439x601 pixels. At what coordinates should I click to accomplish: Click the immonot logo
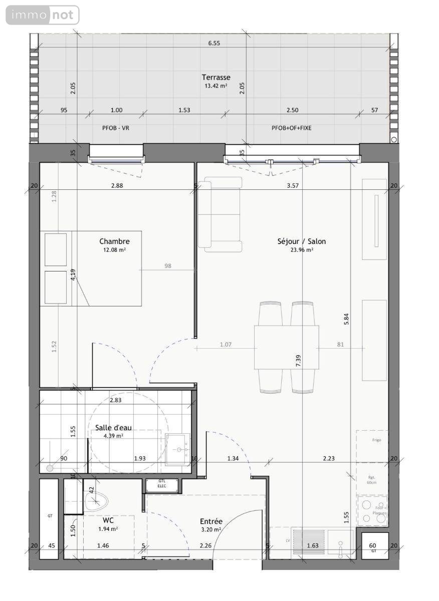tap(43, 15)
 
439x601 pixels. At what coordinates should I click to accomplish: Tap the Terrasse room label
tap(216, 77)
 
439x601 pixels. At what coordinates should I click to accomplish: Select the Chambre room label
tap(114, 241)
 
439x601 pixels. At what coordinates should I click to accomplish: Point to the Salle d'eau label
tap(113, 428)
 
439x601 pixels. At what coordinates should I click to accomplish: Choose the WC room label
tap(108, 520)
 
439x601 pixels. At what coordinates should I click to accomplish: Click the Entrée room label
tap(210, 521)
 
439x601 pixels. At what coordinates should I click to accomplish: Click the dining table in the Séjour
tap(286, 347)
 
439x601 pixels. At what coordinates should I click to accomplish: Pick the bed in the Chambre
tap(91, 268)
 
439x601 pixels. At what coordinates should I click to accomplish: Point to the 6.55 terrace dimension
tap(214, 43)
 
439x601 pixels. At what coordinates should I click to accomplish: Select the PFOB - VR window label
tap(116, 128)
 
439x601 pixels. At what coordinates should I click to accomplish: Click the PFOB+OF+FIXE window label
tap(291, 128)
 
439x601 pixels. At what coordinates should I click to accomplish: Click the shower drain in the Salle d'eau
tap(50, 468)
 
